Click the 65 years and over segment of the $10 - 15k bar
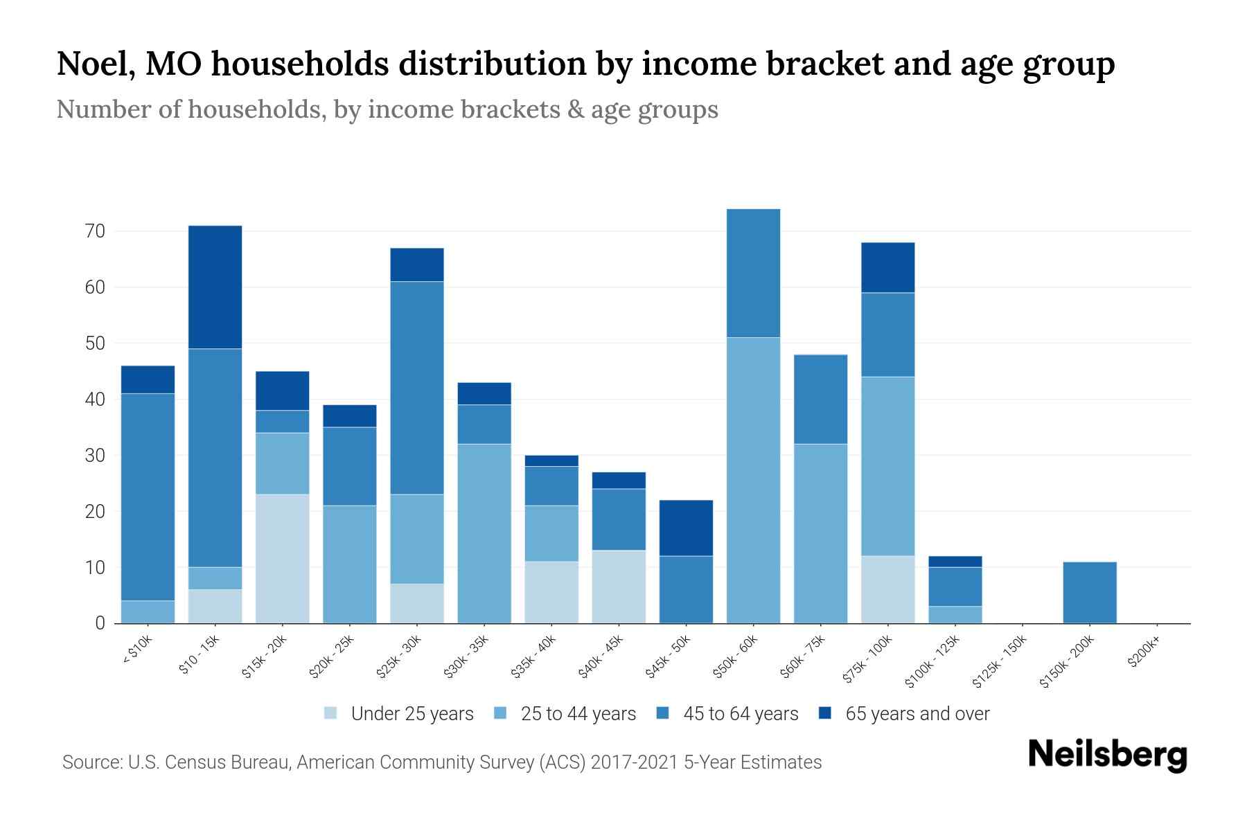pos(215,287)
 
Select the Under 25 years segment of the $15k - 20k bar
pos(282,558)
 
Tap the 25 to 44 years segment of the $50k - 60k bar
pos(753,480)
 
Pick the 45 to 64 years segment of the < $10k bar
pos(148,497)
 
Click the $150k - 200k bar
pos(1089,592)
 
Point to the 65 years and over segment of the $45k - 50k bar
pos(686,528)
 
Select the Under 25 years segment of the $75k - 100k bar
pos(887,589)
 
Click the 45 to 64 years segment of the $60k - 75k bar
pos(820,399)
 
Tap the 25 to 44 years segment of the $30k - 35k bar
pos(484,533)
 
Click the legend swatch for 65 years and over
pos(825,713)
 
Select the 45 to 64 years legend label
pos(741,714)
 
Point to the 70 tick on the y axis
pos(95,231)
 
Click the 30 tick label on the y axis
pos(95,456)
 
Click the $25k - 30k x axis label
pos(399,657)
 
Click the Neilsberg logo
pos(1107,755)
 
